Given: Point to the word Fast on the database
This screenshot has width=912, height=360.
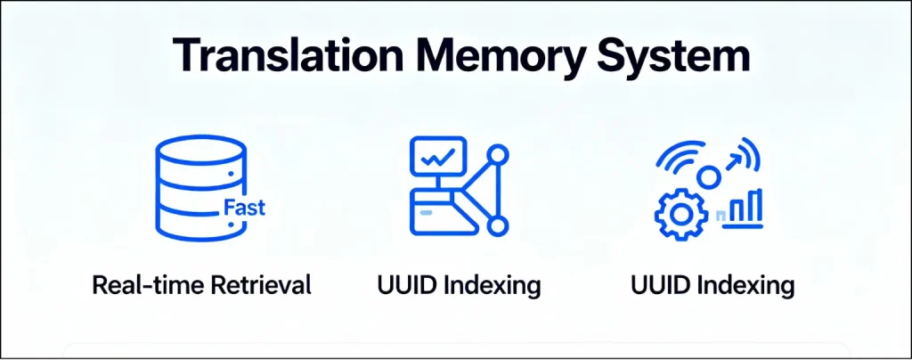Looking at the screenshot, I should coord(243,209).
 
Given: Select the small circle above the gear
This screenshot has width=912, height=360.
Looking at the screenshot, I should coord(708,178).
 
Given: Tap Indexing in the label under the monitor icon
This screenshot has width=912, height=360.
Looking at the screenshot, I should coord(493,287).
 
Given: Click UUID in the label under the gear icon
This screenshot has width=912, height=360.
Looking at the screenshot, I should coord(660,286).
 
